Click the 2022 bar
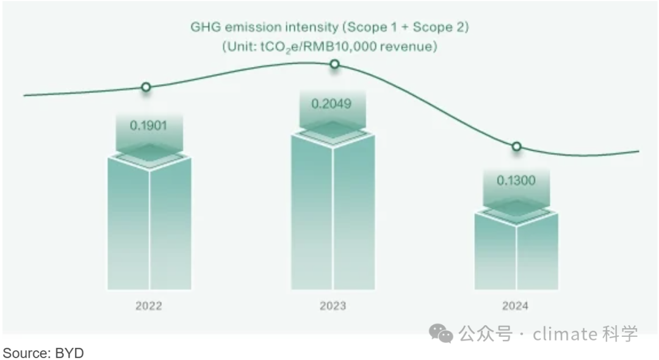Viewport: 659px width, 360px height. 149,226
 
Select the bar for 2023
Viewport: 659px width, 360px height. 333,214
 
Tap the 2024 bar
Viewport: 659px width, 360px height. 516,253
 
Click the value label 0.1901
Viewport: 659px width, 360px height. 148,126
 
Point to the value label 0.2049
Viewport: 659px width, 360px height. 331,104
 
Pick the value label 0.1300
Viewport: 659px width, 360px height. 516,181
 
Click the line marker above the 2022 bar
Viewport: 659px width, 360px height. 146,87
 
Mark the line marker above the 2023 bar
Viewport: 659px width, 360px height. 334,64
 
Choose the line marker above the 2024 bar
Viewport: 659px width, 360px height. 516,146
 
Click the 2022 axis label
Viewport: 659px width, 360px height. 149,306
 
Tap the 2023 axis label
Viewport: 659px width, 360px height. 333,306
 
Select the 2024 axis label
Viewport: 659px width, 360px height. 516,306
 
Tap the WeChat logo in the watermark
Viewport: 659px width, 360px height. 441,333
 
